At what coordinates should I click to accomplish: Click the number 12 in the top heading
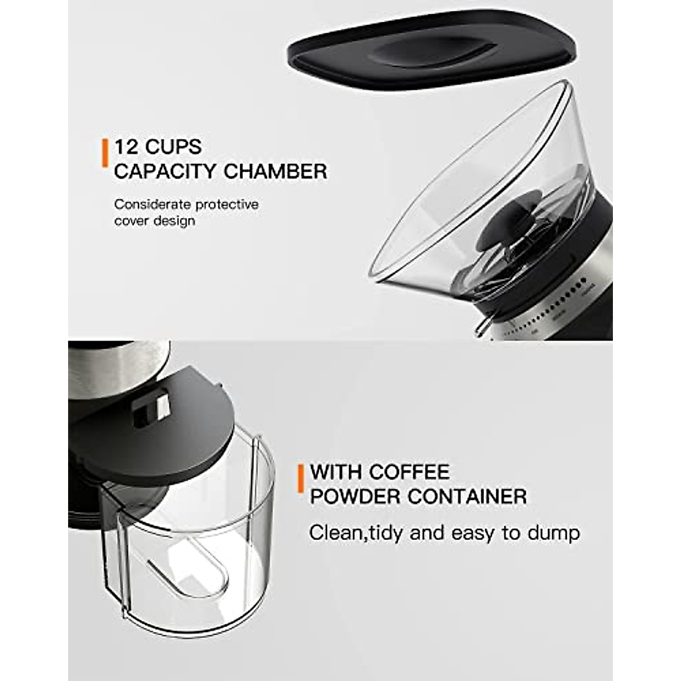pos(127,147)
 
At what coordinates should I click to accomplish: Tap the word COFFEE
pos(409,472)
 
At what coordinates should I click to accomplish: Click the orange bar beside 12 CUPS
pos(104,152)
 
